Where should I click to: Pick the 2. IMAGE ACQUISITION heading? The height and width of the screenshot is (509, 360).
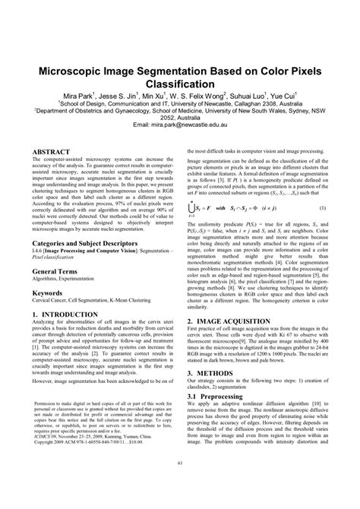coord(230,342)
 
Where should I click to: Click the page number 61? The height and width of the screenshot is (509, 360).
coord(180,485)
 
